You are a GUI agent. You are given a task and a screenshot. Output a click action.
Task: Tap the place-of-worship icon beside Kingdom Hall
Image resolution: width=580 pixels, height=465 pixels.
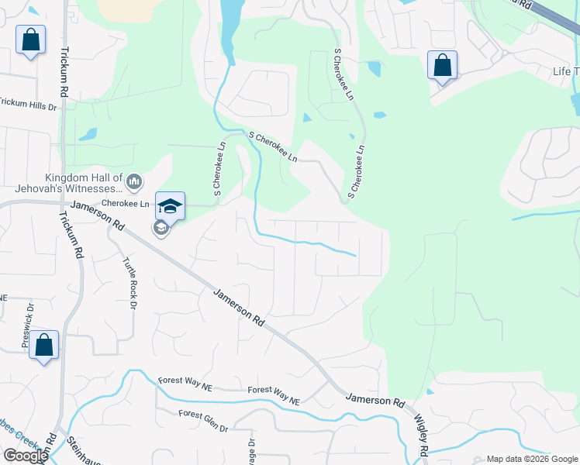coord(134,182)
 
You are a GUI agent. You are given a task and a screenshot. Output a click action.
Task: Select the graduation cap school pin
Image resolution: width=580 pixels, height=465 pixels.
coord(171,206)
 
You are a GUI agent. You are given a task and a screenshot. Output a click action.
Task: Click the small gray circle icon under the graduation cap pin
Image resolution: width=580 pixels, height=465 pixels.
coord(161,228)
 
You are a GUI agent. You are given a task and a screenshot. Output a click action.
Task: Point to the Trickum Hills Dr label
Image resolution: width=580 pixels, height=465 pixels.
coord(29,103)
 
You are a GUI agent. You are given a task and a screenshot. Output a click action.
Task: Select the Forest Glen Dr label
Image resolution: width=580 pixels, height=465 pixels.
coord(203,422)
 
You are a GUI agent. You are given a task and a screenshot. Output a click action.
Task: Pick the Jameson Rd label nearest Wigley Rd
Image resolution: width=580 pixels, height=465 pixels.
coord(375,401)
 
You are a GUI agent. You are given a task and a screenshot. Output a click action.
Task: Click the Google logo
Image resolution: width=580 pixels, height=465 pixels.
coord(25,455)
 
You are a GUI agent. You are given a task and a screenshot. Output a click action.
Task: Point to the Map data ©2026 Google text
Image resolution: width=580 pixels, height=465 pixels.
coord(531,459)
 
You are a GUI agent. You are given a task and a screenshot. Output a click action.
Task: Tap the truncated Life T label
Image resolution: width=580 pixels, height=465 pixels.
coord(565,71)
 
